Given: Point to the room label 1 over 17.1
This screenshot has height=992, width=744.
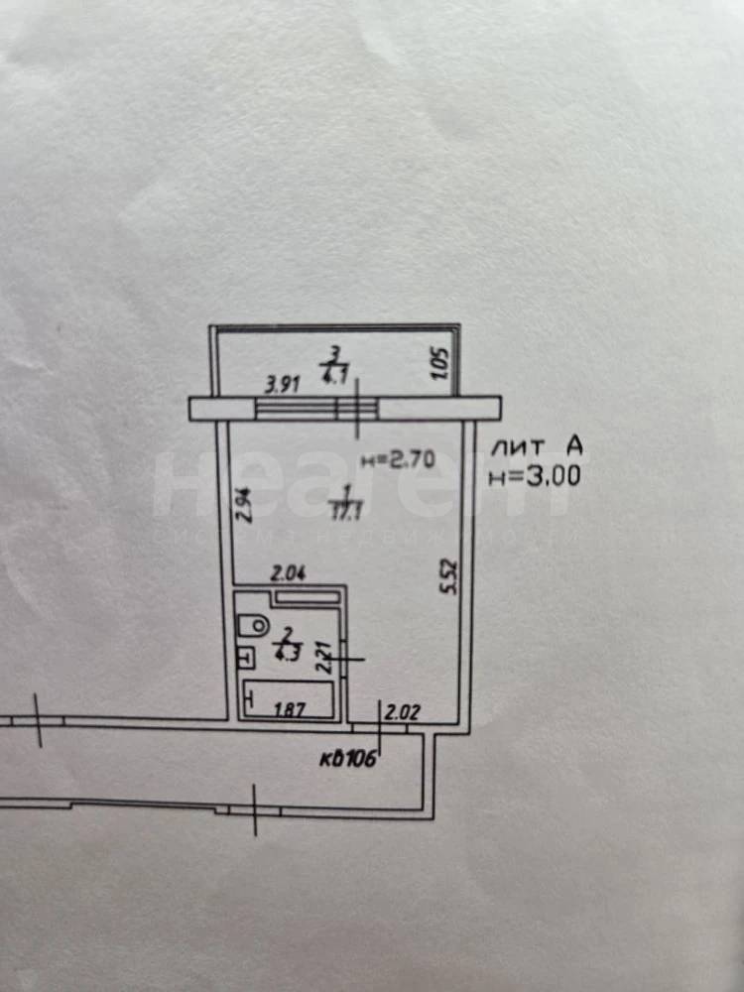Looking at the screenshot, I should coord(345,501).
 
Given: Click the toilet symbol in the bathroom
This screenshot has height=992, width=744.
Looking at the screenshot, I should coord(255,624).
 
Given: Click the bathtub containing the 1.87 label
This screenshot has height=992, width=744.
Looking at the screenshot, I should coord(289,702).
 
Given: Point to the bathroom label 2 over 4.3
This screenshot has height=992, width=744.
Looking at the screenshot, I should coord(287,642).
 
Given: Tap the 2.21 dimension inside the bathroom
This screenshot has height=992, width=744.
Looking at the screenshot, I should coord(322,657).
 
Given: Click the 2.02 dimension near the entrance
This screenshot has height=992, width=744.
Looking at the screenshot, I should coord(403,710).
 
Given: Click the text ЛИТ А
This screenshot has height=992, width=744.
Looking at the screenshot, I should coord(537,448).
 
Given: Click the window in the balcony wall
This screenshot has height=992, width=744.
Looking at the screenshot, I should coord(317,408).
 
